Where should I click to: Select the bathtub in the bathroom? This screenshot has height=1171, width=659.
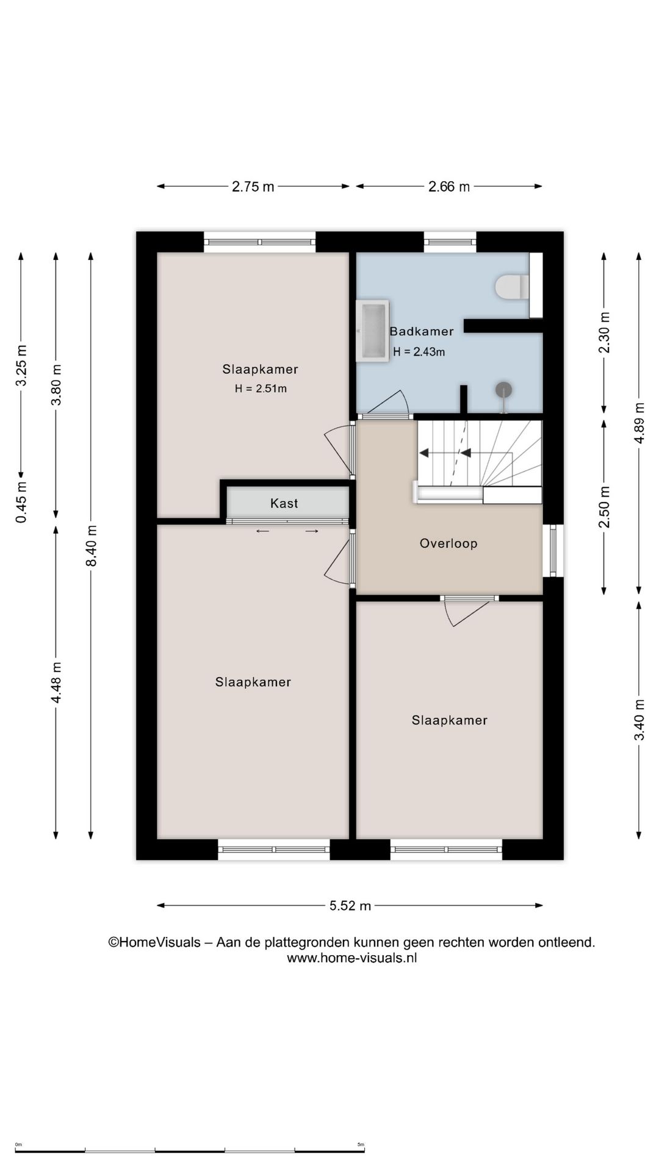coord(372,331)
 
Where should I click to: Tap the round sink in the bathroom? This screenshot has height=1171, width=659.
coord(503,390)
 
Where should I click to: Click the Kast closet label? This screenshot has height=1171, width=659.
coord(284,503)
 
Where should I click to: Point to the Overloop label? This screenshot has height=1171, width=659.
coord(448,543)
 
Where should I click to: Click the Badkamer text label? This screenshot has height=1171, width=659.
coord(422,331)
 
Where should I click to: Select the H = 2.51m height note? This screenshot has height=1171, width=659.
coord(261,389)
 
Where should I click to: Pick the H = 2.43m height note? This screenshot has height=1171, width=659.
coord(419,352)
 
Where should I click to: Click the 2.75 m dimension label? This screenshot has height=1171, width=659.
coord(253,187)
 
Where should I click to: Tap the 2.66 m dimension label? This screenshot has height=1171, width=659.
coord(449,187)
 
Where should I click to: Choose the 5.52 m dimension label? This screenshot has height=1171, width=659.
coord(350,906)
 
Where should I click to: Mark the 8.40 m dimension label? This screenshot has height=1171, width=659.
coord(92,546)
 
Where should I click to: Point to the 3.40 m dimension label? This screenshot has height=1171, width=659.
coord(639,720)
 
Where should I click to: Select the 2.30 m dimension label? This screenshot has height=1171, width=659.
coord(604,332)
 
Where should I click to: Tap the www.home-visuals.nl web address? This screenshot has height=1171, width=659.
coord(352,958)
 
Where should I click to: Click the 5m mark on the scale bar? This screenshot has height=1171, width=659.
coord(361,1145)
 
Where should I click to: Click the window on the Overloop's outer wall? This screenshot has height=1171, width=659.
coord(553,551)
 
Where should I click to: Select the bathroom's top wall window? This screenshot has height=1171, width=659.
coord(450,242)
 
